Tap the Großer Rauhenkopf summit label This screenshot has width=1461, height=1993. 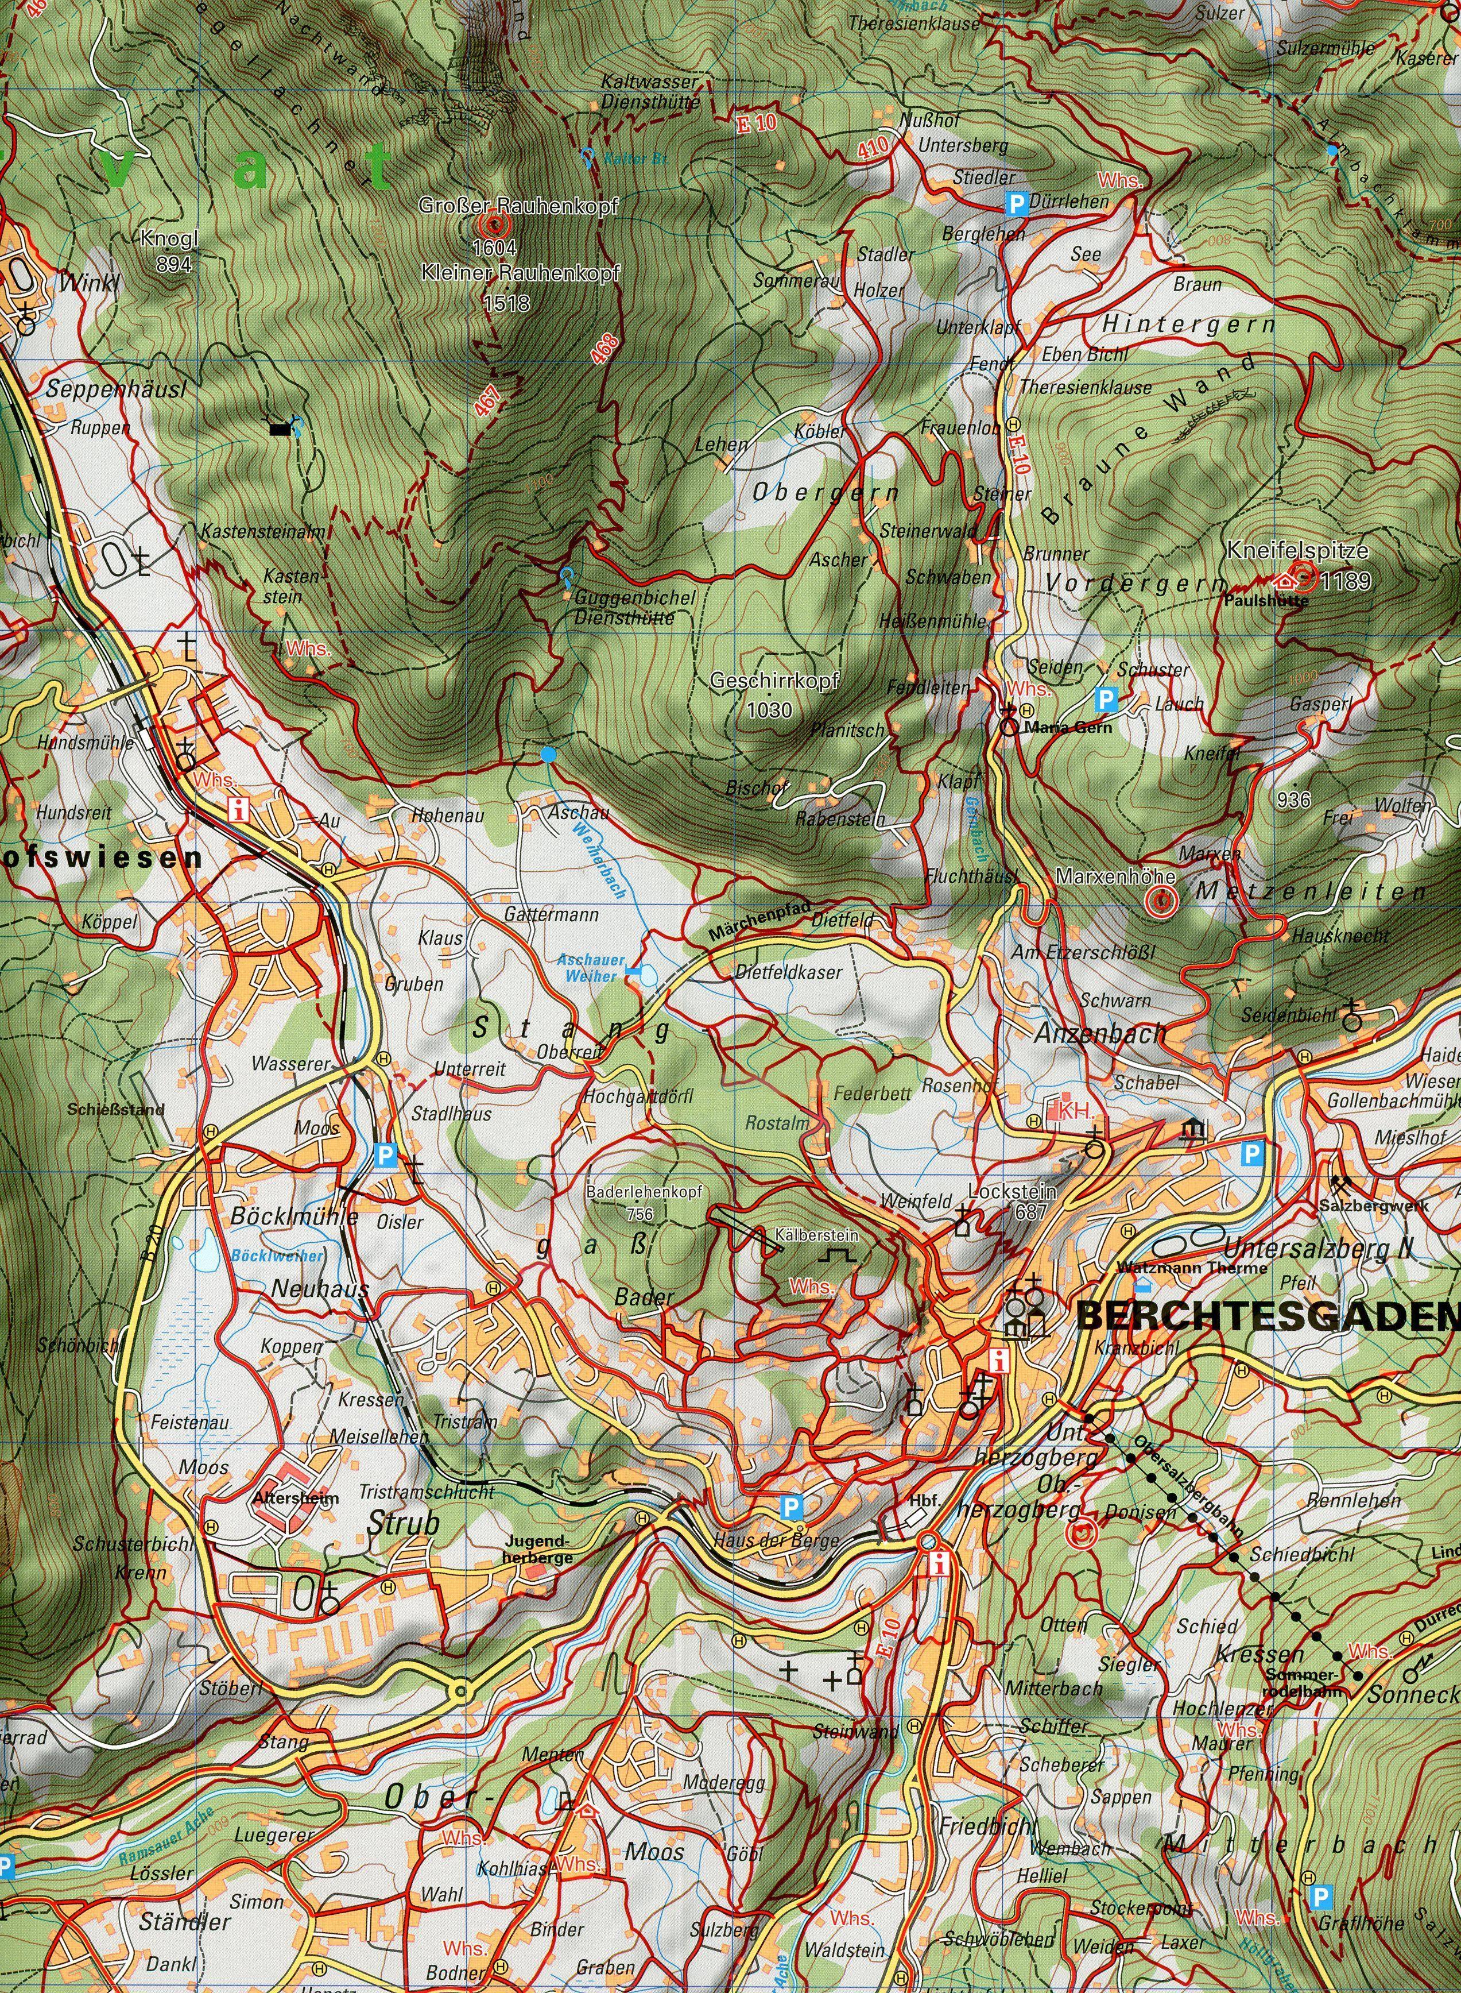click(518, 205)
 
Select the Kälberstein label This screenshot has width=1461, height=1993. click(815, 1234)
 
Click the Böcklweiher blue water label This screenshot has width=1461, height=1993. click(277, 1255)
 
